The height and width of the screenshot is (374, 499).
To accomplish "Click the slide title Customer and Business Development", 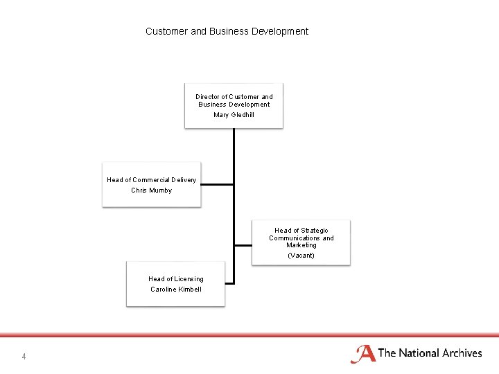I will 227,31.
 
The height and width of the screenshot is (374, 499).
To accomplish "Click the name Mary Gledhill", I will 234,115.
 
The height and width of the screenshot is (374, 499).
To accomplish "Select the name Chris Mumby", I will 151,190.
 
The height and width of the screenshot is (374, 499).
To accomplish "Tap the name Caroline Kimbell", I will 176,290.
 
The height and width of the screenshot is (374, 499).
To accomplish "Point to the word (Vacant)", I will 301,256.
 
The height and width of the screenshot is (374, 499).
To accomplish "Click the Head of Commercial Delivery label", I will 151,180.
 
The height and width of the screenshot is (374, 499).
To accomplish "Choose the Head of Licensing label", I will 176,279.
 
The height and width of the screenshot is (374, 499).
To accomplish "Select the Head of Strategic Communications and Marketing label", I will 301,238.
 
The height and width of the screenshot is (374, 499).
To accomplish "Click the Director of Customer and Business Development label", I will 234,100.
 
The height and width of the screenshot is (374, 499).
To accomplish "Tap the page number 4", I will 24,357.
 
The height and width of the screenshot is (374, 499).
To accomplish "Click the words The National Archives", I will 430,353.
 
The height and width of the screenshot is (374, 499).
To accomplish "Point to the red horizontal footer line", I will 249,335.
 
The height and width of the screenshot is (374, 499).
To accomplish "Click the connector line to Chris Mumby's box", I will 217,184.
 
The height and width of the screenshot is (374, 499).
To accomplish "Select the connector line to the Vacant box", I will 243,245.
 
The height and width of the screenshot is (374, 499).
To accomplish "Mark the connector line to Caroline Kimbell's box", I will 229,283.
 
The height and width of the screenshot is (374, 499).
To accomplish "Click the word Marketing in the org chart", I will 301,245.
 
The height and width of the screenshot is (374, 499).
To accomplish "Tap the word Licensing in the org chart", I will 189,279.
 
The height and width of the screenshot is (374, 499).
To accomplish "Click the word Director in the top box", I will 207,97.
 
